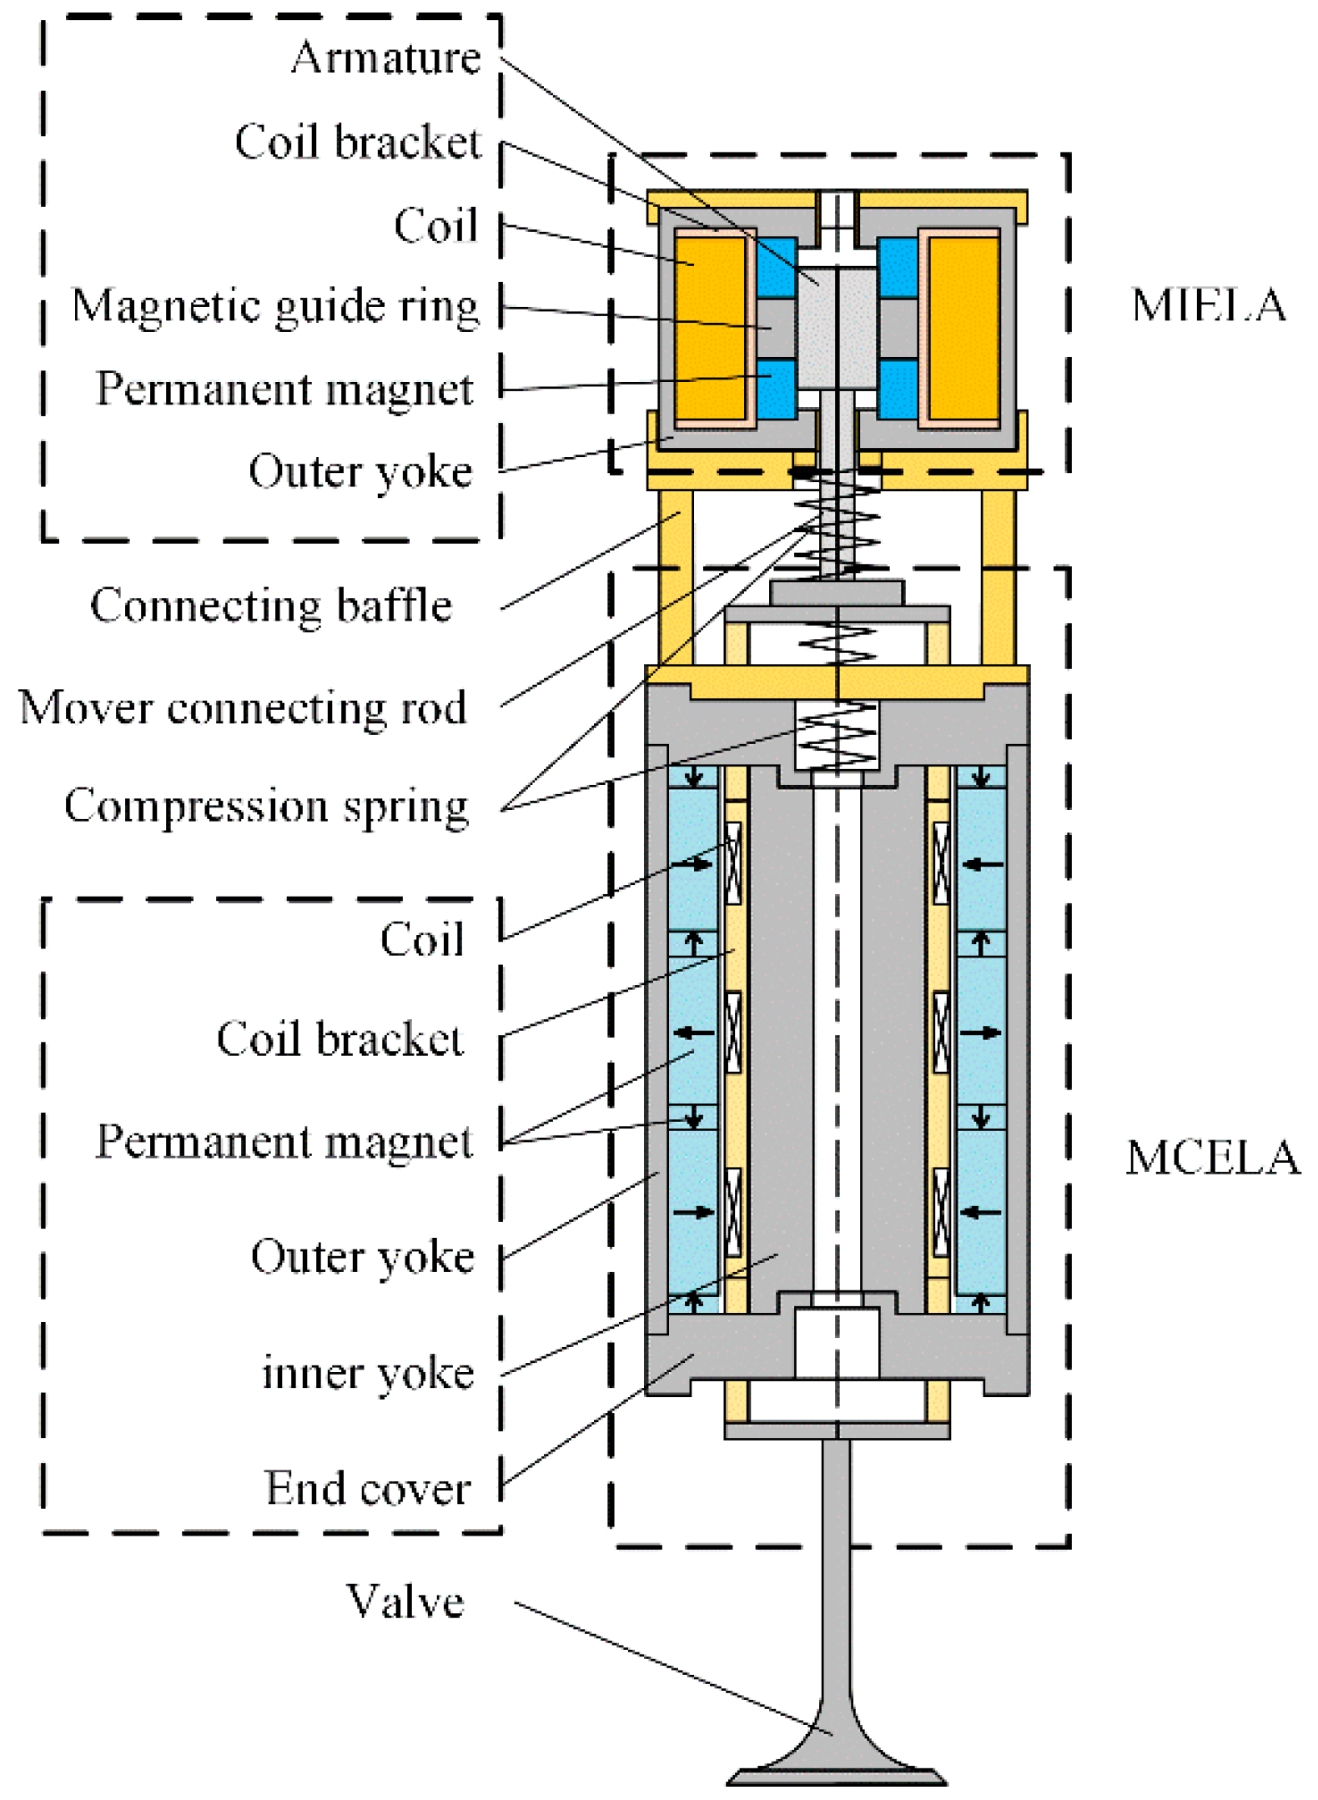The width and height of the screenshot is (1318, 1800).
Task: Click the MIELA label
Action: (1207, 304)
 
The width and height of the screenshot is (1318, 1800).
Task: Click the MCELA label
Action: (1211, 1157)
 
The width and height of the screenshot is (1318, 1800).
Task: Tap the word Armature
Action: (385, 58)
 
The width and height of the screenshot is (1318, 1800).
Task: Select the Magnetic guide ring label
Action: (275, 306)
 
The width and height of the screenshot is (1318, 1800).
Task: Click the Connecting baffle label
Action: (270, 605)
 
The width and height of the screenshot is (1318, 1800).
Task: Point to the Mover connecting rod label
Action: (242, 708)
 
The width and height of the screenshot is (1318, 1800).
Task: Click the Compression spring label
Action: (266, 807)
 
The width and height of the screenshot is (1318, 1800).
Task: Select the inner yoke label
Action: (367, 1372)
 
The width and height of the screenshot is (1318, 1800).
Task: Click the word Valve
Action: (405, 1601)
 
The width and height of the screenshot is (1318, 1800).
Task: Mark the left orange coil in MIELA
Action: (709, 328)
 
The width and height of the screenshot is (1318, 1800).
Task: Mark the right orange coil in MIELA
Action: (963, 328)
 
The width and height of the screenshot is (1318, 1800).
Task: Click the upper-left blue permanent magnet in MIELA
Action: (777, 268)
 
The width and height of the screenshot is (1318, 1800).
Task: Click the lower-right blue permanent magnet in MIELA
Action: (898, 389)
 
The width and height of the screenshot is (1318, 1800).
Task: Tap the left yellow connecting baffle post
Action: (675, 576)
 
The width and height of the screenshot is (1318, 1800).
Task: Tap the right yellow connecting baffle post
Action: (998, 576)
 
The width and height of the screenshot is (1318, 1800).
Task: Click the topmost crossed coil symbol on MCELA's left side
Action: (733, 863)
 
